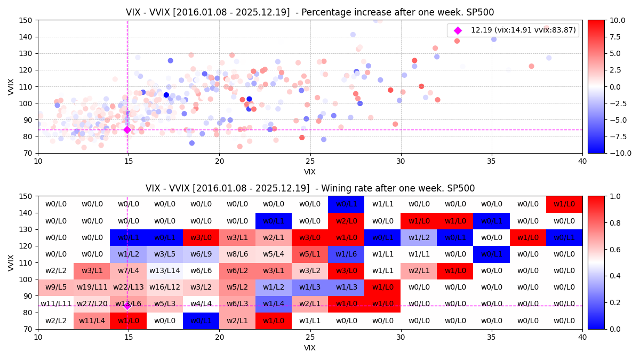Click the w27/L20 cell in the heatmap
(92, 304)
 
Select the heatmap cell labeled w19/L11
(92, 287)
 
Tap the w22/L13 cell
(129, 287)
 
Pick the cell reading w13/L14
(165, 271)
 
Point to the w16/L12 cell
(165, 287)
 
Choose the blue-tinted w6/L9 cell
(201, 254)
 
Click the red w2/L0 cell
(346, 221)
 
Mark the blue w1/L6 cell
(346, 254)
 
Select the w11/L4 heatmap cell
(92, 321)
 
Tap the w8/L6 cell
(237, 254)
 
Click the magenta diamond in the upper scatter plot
(127, 130)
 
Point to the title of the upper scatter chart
(310, 12)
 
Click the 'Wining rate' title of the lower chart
(310, 188)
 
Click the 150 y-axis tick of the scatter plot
(27, 20)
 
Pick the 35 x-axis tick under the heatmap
(492, 338)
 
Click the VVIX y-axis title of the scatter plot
(11, 86)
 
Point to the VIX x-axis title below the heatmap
(310, 348)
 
